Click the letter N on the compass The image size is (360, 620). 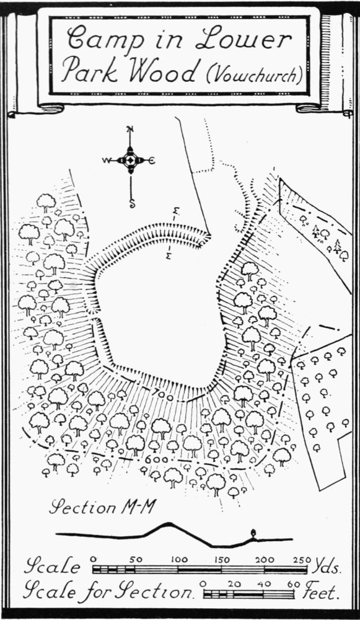(x=130, y=130)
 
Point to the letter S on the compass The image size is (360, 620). (x=132, y=204)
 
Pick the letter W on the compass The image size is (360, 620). (x=106, y=160)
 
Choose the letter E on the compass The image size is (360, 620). (x=152, y=160)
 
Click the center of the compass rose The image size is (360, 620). (x=130, y=160)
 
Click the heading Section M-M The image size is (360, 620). (x=103, y=507)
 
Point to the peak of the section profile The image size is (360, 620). (x=169, y=524)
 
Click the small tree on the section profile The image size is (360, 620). (x=253, y=534)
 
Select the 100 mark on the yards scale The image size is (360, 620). (x=179, y=559)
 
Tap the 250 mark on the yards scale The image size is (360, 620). (x=303, y=559)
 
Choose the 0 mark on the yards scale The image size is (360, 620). (x=94, y=559)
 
